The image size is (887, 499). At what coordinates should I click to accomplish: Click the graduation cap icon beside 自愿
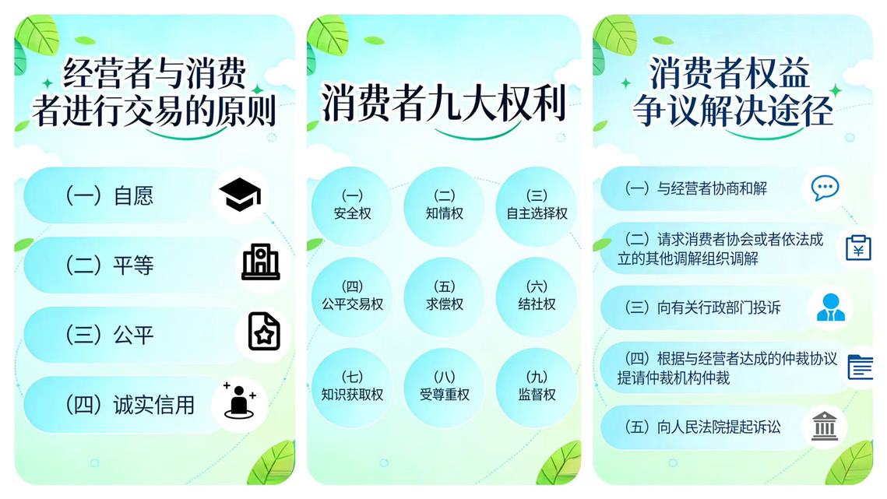point(241,194)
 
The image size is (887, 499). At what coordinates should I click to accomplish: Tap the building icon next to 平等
point(261,262)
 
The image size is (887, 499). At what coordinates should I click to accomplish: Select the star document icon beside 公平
point(264,332)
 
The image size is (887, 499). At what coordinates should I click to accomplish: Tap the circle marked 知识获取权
point(352,387)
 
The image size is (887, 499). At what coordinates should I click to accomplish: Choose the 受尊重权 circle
point(444,387)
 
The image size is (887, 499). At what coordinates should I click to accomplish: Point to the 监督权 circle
point(537,387)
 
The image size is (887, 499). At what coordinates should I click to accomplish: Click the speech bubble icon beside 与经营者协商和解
point(825,188)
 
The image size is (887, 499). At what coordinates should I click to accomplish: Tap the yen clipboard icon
point(858,248)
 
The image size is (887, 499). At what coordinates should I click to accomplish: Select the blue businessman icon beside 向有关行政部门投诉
point(830,307)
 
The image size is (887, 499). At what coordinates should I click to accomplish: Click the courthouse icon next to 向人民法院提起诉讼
point(824,426)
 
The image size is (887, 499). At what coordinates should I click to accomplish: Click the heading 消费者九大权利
point(444,103)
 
